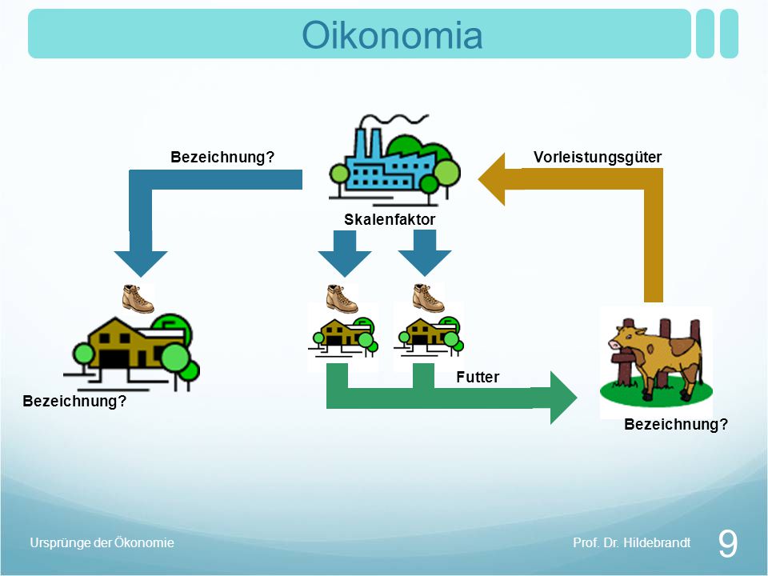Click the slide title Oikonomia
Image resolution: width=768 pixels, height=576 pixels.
pos(392,34)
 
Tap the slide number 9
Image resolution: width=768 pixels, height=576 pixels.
pos(727,543)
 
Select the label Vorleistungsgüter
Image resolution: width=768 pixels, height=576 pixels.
pos(598,158)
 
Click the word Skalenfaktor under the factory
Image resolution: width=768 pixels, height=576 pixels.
pos(390,219)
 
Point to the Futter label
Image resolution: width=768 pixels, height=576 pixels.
pos(478,377)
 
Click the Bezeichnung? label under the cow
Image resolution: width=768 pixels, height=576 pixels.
pos(676,424)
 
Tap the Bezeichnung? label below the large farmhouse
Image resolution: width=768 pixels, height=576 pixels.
pos(74,401)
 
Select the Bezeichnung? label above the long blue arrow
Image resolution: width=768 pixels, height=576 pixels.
pos(222,158)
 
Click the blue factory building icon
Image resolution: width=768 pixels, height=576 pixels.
pos(394,159)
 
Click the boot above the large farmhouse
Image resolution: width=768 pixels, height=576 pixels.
pos(138,298)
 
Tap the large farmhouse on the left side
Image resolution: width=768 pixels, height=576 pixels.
pos(131,353)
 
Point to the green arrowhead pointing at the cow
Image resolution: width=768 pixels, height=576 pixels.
pos(563,398)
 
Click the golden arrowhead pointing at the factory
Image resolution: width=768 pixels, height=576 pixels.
pos(492,178)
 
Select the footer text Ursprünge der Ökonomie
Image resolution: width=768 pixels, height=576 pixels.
pos(102,542)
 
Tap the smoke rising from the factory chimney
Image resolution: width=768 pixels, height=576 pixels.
pos(394,119)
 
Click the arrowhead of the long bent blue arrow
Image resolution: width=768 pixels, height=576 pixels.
pos(141,264)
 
